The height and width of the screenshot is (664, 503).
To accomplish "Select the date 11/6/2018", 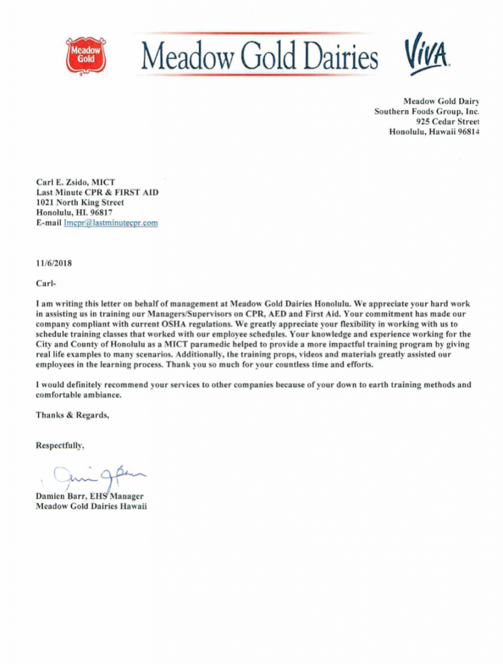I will (x=55, y=263).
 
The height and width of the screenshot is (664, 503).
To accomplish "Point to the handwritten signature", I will (x=100, y=479).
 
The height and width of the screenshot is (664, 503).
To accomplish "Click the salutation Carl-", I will (x=46, y=283).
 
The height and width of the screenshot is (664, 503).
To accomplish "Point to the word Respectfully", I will (x=60, y=445).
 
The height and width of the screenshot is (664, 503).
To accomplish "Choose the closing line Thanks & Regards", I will (x=72, y=415).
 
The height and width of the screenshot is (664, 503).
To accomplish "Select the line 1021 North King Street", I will (x=80, y=202).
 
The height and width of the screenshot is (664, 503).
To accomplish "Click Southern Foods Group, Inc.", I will (x=427, y=111).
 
